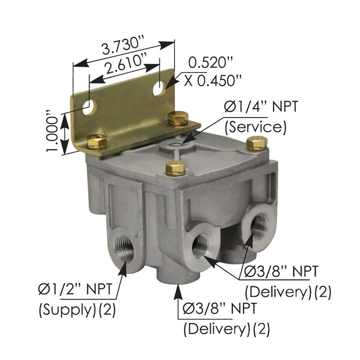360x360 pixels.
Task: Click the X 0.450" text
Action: (213, 81)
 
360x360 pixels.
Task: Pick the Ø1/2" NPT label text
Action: (76, 290)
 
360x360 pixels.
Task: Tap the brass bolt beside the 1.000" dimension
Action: (97, 142)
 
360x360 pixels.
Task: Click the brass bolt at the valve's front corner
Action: (175, 168)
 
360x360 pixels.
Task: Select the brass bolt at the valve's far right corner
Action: (257, 143)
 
